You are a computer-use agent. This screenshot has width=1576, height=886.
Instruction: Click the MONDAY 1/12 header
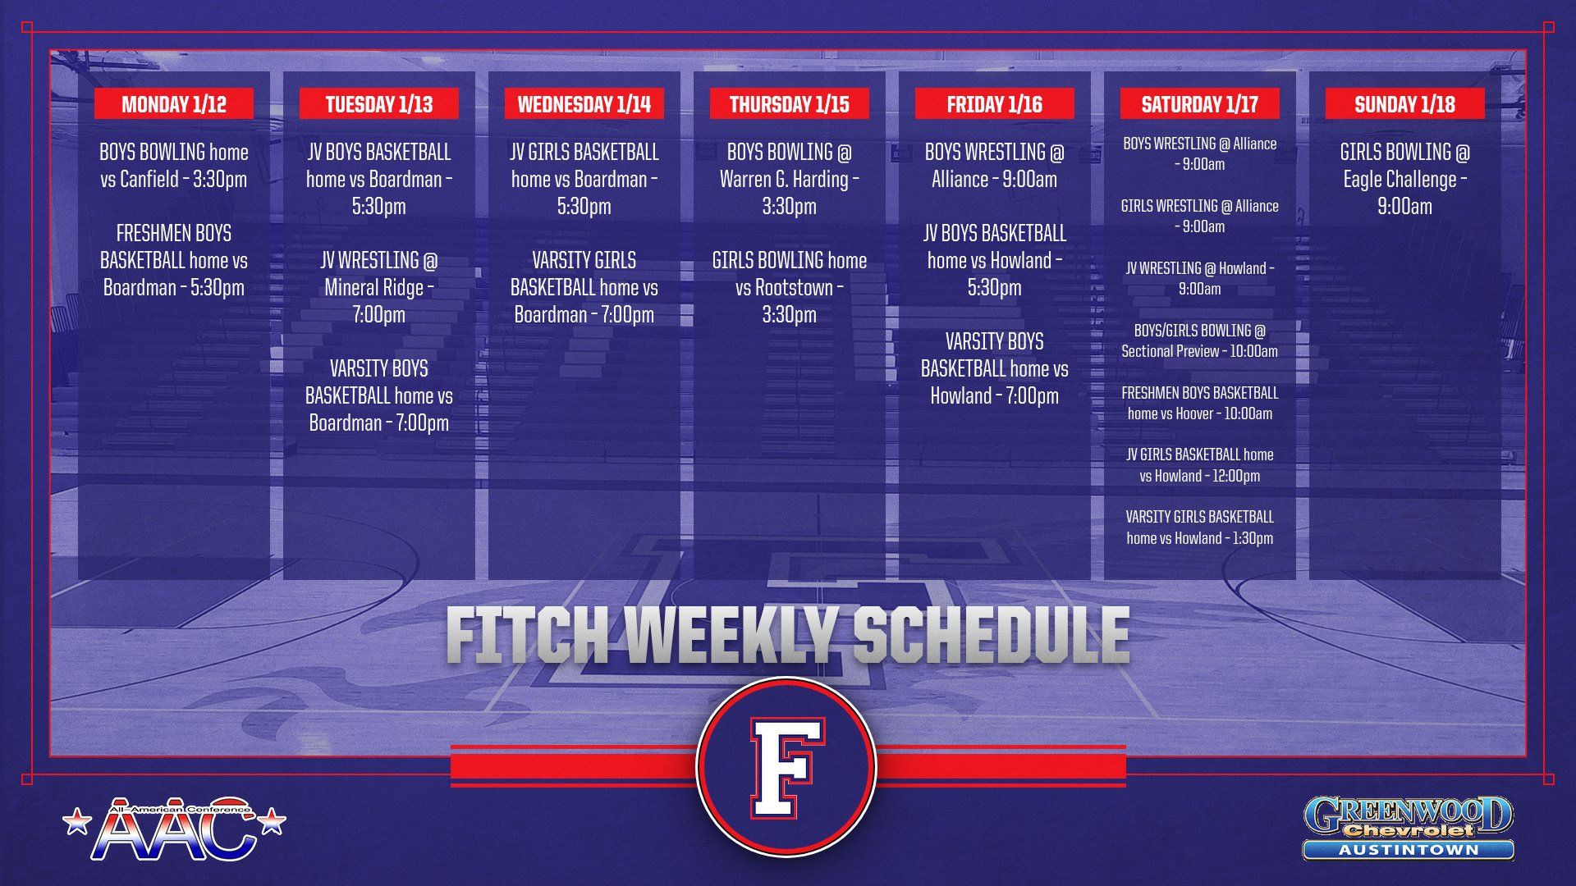(x=174, y=104)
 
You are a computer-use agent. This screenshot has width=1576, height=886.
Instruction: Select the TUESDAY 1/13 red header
(x=378, y=104)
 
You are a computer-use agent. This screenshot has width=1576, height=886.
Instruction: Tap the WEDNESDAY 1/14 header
(x=584, y=104)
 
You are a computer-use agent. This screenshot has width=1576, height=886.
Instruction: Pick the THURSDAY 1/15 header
(x=789, y=104)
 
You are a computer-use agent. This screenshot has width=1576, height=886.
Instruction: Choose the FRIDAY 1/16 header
(x=994, y=104)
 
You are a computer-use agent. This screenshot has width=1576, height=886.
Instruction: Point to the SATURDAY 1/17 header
(x=1199, y=104)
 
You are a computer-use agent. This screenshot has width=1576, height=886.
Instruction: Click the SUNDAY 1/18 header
(x=1404, y=104)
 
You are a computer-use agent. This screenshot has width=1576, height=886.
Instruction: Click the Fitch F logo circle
(x=786, y=766)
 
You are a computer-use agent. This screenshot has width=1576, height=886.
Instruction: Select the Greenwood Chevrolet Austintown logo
(x=1408, y=827)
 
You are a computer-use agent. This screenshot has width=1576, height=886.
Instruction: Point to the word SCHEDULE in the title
(x=991, y=636)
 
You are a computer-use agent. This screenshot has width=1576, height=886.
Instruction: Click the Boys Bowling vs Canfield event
(x=174, y=166)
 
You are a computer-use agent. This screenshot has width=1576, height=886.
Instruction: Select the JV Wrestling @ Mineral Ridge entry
(x=378, y=287)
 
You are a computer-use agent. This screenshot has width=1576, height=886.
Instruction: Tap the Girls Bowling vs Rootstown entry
(x=789, y=287)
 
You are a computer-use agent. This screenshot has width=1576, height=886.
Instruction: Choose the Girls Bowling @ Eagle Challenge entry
(x=1404, y=179)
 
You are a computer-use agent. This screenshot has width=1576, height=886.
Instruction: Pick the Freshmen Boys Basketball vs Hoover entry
(x=1199, y=403)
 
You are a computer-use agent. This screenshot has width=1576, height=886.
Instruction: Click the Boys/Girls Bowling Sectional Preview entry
(x=1199, y=340)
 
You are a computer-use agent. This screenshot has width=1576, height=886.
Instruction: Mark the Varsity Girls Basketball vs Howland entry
(x=1199, y=527)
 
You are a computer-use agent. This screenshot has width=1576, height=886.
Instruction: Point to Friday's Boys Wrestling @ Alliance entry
(x=994, y=166)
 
